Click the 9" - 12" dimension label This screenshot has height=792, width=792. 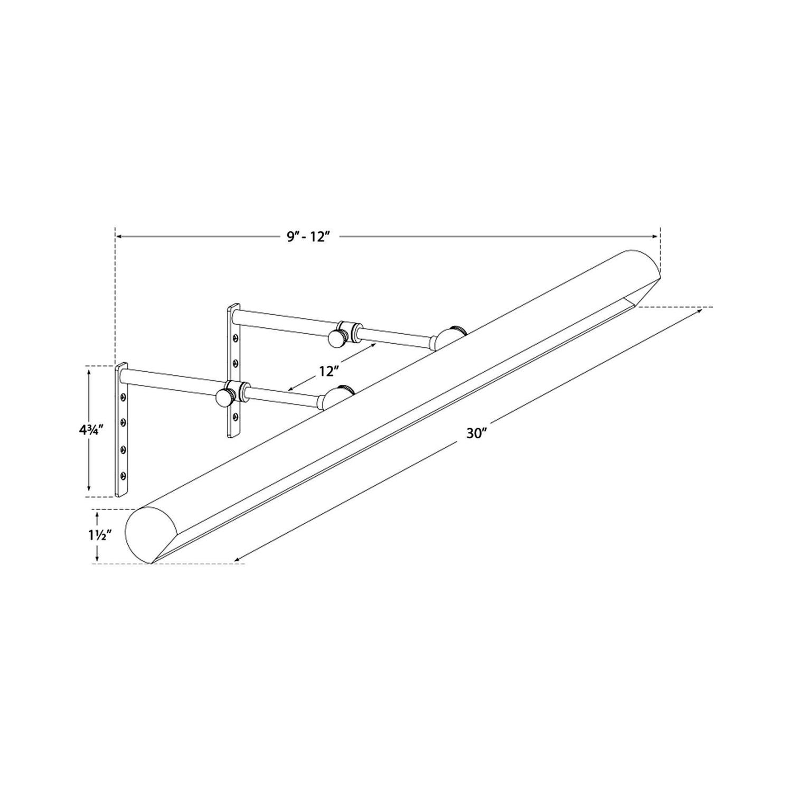point(309,237)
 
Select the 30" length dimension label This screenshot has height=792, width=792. point(476,433)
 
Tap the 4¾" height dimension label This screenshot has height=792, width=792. point(88,429)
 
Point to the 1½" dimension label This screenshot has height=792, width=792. point(97,535)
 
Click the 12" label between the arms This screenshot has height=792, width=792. point(328,371)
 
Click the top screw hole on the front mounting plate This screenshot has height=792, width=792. point(125,397)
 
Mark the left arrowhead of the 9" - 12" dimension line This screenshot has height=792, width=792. point(118,237)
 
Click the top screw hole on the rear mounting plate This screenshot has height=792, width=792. point(236,336)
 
